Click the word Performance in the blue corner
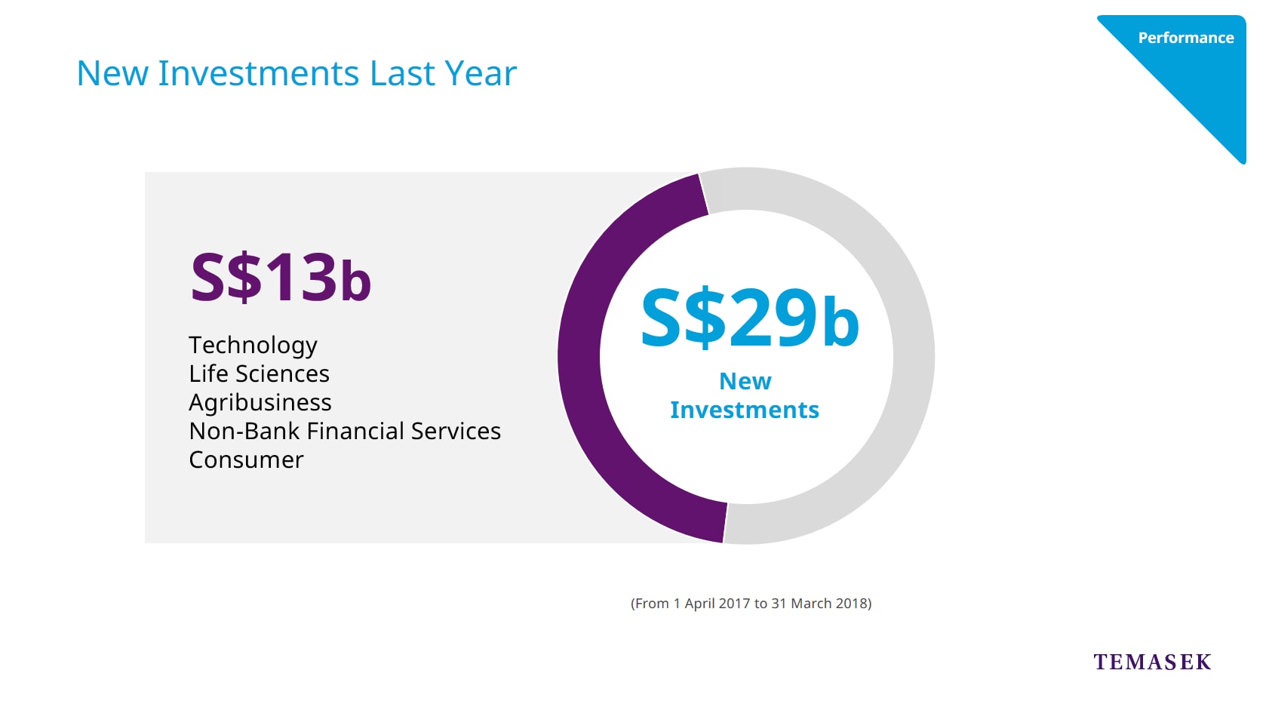(1186, 38)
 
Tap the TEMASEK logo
(1152, 662)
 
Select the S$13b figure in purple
(281, 278)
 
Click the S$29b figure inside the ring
(749, 318)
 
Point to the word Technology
(253, 346)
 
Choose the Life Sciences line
(259, 373)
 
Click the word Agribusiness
(260, 403)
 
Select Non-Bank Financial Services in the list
(345, 431)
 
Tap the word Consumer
(246, 460)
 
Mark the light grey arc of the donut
(914, 356)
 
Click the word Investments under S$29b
(745, 410)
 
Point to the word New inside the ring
(745, 382)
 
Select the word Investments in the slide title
(258, 73)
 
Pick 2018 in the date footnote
(851, 604)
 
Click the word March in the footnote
(811, 604)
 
